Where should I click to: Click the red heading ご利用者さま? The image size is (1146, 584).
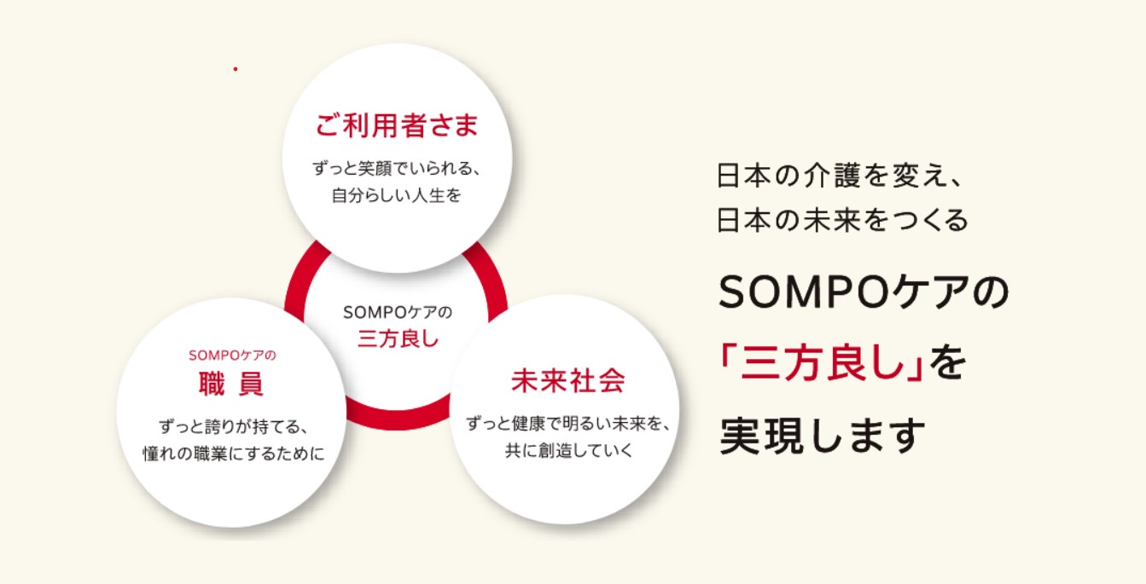[x=397, y=125]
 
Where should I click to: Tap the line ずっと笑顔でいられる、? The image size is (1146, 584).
[x=397, y=168]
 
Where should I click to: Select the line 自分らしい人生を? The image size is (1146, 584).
[x=397, y=195]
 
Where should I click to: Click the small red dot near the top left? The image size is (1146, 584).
[x=236, y=69]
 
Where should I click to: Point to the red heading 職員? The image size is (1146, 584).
[x=231, y=385]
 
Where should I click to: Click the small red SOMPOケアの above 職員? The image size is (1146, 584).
[x=232, y=356]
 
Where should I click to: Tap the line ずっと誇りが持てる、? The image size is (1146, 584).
[x=233, y=426]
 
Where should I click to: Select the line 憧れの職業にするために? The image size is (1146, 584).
[x=233, y=454]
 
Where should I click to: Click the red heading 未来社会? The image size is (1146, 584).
[x=568, y=380]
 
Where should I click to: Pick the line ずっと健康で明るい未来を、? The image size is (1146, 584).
[x=568, y=424]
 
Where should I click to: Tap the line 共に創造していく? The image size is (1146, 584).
[x=569, y=450]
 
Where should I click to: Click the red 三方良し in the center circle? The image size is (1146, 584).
[x=398, y=338]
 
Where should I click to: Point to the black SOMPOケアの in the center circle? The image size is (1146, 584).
[x=398, y=312]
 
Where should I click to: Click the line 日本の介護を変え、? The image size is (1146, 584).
[x=839, y=176]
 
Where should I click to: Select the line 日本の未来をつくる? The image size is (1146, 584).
[x=842, y=221]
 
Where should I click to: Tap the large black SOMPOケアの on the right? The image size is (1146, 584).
[x=864, y=292]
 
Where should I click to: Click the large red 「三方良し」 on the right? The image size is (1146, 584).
[x=821, y=363]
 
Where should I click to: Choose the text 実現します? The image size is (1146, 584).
[x=822, y=436]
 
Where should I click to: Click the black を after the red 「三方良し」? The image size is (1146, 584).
[x=947, y=363]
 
